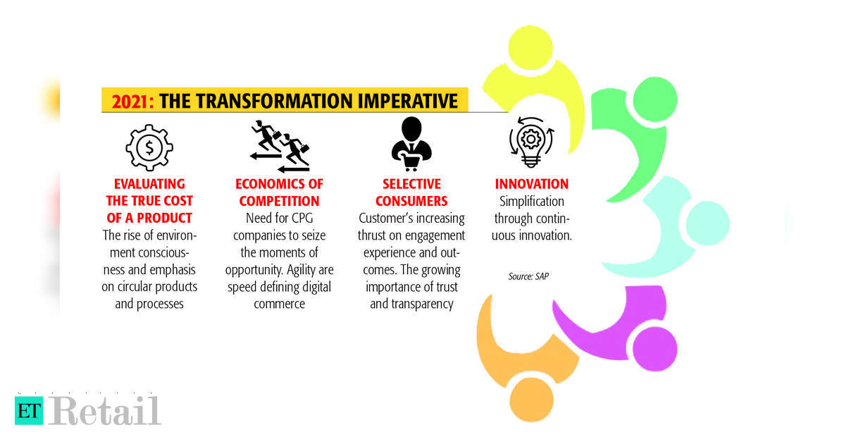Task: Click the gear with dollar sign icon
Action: point(149,147)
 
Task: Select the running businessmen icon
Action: point(280,146)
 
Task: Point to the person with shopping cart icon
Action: point(411,144)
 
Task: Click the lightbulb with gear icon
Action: point(531,142)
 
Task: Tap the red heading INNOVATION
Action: point(531,184)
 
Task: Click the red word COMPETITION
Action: point(280,202)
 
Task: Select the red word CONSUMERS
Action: point(411,202)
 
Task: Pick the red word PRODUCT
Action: point(164,218)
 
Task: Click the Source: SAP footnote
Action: point(528,276)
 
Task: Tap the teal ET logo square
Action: point(29,411)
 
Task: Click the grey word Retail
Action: point(105,411)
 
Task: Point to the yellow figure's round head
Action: point(530,47)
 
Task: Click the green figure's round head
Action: point(655,99)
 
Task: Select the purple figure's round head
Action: point(654,349)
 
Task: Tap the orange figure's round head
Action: point(531,400)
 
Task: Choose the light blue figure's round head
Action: point(707,223)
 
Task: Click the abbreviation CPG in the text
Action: point(302,219)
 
